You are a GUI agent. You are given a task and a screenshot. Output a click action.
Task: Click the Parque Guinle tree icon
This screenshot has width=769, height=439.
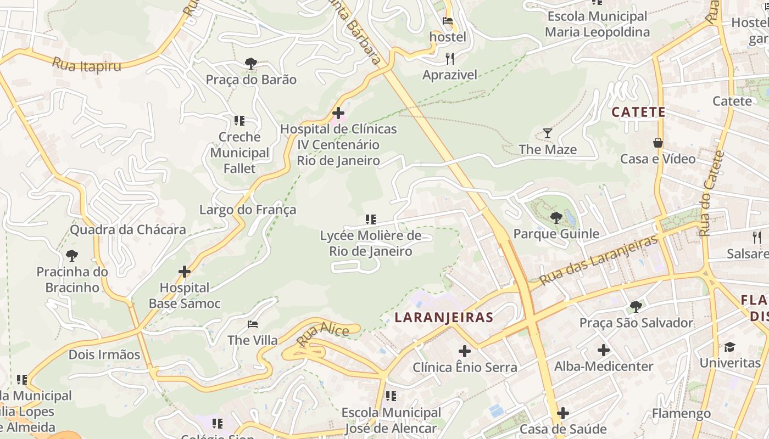(x=556, y=218)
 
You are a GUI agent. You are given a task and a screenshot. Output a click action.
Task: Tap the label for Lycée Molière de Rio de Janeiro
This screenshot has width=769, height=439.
(x=371, y=244)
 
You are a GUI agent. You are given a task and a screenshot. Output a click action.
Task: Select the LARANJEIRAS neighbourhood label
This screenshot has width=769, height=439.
(x=444, y=317)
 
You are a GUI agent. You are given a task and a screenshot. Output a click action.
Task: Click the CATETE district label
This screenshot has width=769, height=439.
(x=638, y=112)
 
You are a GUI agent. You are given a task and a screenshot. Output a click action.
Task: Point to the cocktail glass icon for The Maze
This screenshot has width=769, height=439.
(x=548, y=133)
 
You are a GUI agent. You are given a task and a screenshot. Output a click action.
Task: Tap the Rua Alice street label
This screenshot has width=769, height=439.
(x=323, y=334)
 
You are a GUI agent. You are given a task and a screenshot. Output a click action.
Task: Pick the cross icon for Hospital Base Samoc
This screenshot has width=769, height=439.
(x=185, y=272)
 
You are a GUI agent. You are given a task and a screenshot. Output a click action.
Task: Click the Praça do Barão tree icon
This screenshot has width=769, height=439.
(x=251, y=64)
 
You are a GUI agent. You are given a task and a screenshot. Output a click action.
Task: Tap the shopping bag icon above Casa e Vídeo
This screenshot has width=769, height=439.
(x=657, y=143)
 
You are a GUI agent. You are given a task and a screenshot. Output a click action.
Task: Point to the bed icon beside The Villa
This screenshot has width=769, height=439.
(x=253, y=324)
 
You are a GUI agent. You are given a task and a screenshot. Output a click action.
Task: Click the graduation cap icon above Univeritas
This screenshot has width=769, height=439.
(x=729, y=347)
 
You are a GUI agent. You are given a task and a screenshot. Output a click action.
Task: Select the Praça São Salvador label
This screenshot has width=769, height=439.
(x=636, y=323)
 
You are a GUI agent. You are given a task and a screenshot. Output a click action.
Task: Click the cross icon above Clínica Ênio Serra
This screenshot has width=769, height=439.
(x=465, y=351)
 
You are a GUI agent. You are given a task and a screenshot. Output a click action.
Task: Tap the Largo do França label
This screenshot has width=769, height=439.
(x=248, y=210)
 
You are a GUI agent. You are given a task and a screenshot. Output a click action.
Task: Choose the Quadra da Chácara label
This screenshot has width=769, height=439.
(x=128, y=229)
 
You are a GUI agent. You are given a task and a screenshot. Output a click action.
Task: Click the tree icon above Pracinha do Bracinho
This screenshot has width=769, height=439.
(x=71, y=256)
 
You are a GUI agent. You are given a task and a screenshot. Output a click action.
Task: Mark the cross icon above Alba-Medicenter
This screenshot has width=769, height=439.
(x=604, y=350)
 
